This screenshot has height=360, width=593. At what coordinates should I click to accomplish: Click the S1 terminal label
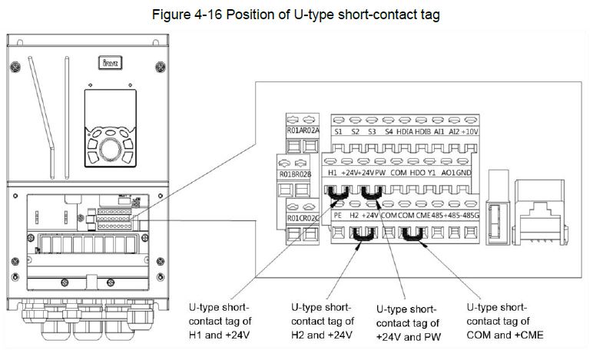(339, 132)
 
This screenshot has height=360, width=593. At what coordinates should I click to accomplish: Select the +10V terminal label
(470, 132)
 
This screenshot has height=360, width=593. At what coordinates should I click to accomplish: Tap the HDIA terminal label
(405, 132)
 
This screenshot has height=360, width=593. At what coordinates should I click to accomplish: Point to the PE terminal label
(338, 217)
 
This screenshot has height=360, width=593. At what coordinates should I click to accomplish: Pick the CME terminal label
(422, 217)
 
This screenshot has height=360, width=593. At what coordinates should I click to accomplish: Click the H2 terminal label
(355, 217)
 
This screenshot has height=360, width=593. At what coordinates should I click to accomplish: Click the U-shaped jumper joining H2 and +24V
(360, 243)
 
